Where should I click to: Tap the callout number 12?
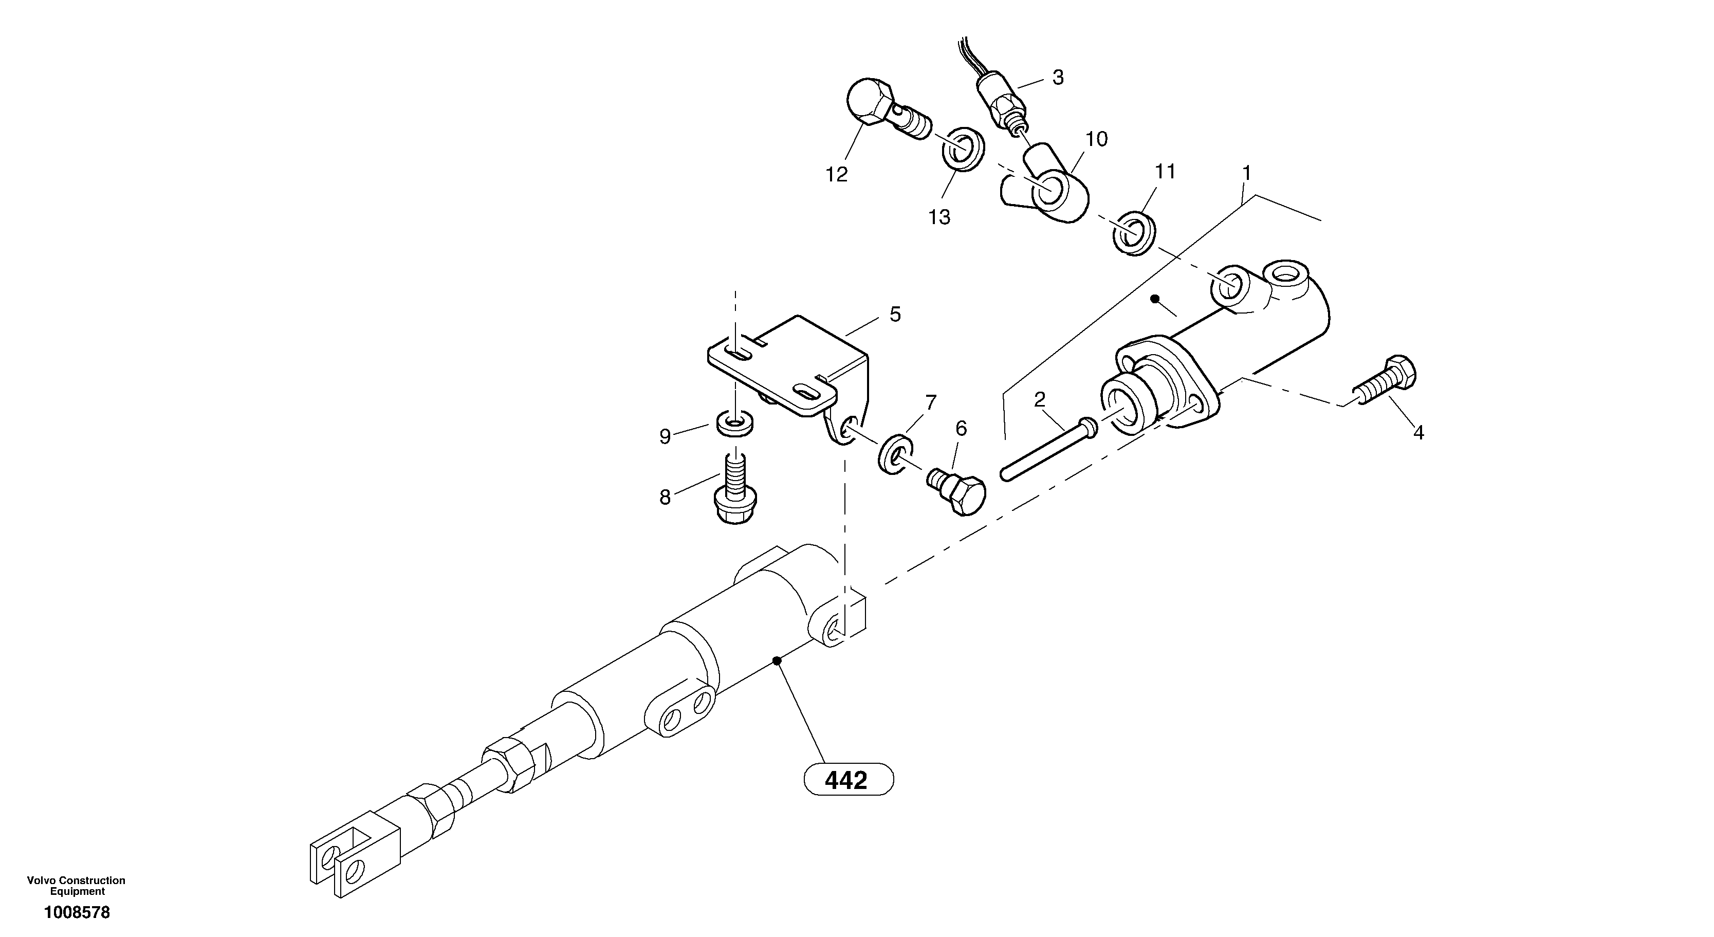pos(836,175)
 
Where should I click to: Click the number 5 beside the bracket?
pos(895,314)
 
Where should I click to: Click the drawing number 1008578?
pos(77,912)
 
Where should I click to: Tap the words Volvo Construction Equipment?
pos(77,886)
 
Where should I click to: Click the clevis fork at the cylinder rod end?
pos(353,858)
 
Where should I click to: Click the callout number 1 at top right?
pos(1246,173)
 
